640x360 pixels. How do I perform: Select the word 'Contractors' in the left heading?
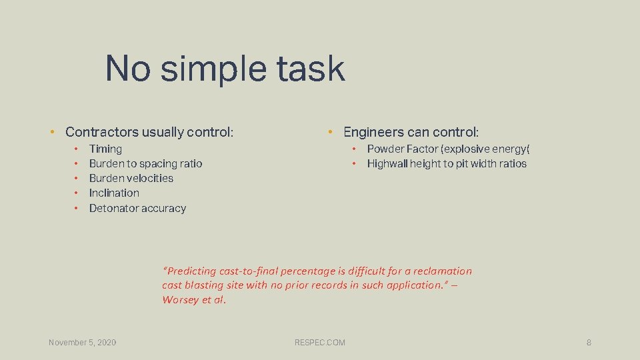(100, 132)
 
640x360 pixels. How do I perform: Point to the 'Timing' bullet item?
(105, 149)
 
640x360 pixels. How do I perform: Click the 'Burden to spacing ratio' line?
(145, 163)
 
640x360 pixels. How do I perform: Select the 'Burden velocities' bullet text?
(131, 178)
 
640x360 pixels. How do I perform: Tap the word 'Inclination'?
(114, 193)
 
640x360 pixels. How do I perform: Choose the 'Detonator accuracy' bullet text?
(137, 208)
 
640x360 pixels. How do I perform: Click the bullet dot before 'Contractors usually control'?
(51, 132)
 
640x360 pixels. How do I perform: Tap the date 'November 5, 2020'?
(82, 343)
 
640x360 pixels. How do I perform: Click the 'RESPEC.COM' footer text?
(320, 343)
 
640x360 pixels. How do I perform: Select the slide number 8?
(589, 343)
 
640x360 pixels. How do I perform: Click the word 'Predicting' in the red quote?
(192, 271)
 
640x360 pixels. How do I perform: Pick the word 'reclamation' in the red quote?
(442, 271)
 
